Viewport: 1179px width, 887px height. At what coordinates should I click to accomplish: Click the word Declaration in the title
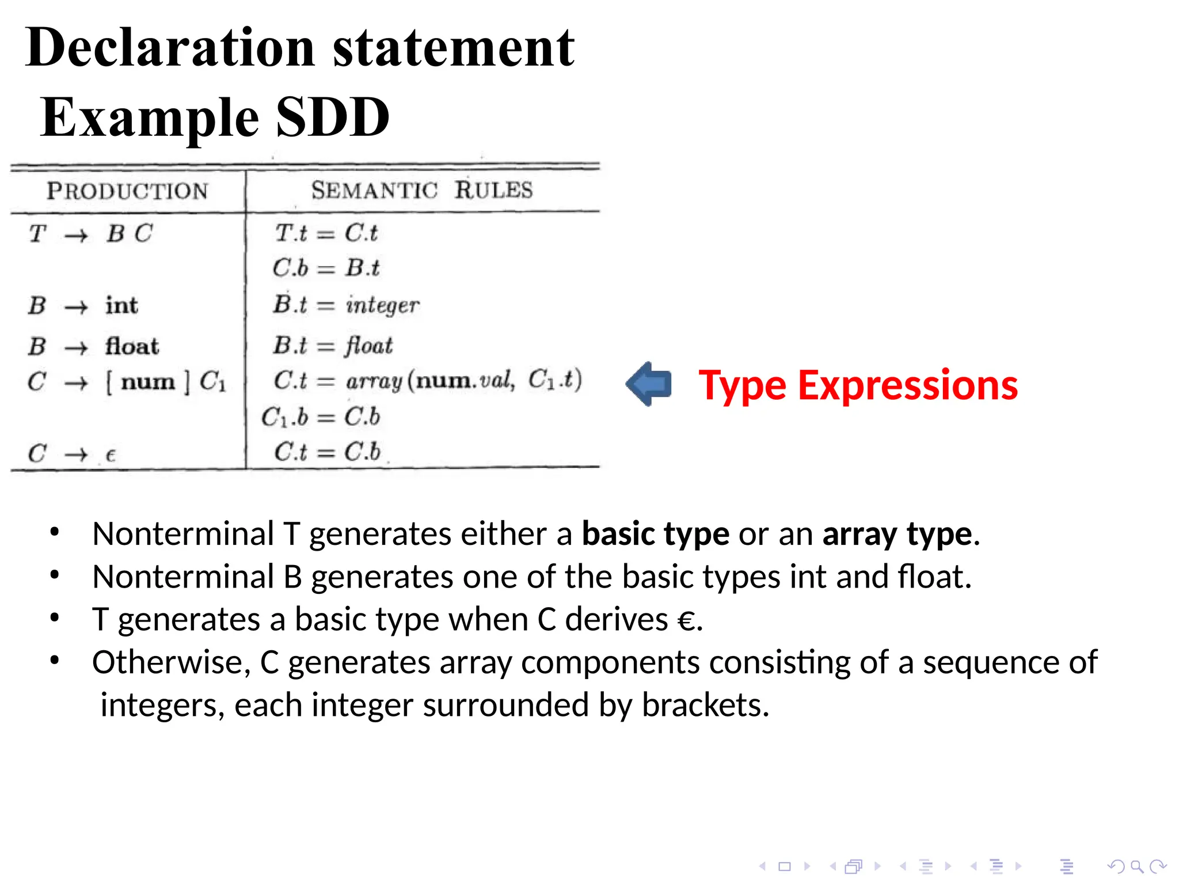coord(170,48)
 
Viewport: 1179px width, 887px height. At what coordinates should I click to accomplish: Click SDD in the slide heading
coord(333,117)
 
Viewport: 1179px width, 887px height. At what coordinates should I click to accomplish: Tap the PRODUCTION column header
coord(127,191)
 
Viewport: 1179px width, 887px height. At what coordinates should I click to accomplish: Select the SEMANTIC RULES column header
coord(422,190)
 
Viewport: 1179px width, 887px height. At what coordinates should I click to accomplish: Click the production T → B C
coord(91,234)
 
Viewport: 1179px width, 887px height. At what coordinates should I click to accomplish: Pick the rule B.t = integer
coord(346,305)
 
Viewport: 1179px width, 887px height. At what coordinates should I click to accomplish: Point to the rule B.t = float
coord(333,346)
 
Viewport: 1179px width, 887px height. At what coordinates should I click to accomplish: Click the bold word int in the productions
coord(121,305)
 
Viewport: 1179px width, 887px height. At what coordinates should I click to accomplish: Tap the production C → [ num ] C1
coord(127,382)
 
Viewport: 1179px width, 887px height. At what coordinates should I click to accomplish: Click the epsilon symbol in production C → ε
coord(111,455)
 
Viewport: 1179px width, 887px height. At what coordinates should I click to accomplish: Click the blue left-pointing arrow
coord(649,384)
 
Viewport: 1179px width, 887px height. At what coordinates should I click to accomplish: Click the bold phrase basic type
coord(655,534)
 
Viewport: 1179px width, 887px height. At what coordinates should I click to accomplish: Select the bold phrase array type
coord(897,534)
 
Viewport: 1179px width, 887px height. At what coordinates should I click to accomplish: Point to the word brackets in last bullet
coord(704,705)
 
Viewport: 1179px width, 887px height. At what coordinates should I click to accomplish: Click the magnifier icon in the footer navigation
coord(1136,866)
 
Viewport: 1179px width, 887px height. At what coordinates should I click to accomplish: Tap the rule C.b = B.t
coord(326,268)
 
